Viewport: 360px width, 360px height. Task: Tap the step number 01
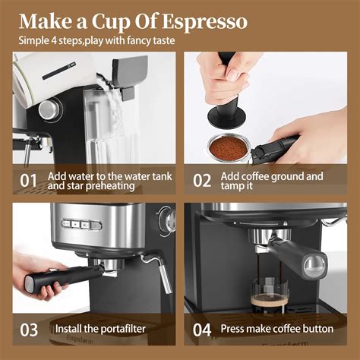(x=29, y=181)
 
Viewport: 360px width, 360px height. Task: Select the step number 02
(x=201, y=181)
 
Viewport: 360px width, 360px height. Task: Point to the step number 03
(x=29, y=329)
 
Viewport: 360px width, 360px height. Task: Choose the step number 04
(x=201, y=329)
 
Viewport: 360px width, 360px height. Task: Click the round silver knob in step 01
(x=49, y=109)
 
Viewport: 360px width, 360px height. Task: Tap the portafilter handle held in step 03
(x=65, y=276)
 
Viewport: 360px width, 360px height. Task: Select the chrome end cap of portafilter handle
(x=312, y=265)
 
